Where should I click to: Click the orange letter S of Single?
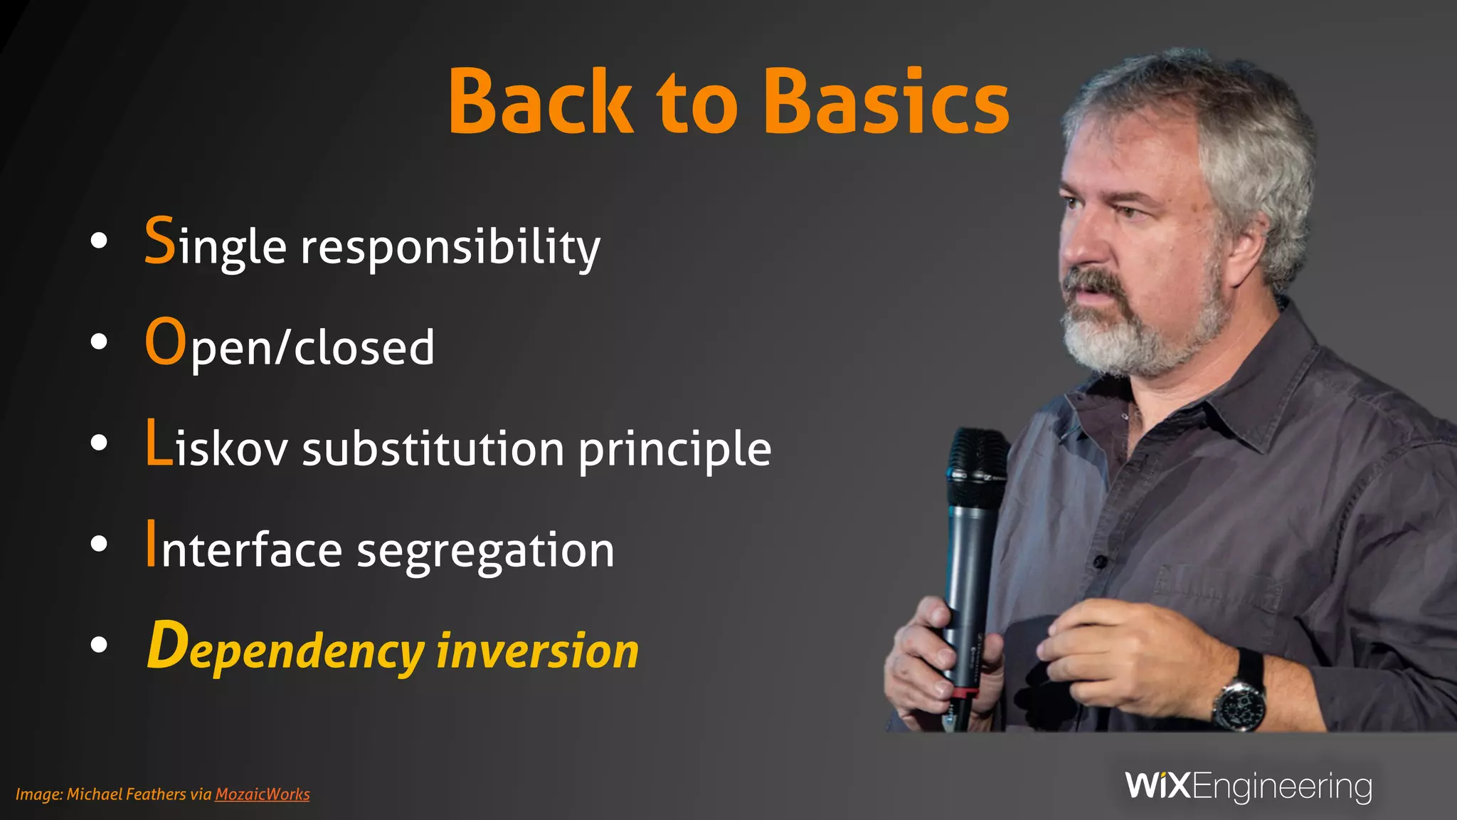point(159,241)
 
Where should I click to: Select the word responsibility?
point(450,248)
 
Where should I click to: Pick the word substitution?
point(433,448)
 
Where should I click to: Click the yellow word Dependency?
point(285,649)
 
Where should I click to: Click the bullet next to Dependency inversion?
point(99,645)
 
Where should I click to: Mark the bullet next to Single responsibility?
point(99,241)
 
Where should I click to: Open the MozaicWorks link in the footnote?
point(262,794)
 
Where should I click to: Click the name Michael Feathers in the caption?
point(126,794)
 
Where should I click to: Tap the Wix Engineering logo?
point(1249,787)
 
